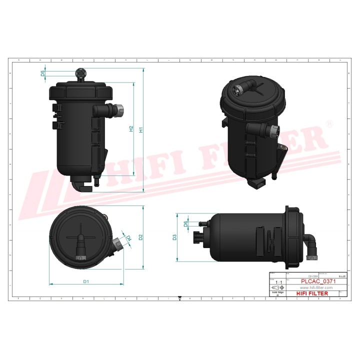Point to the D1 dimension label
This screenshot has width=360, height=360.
86,282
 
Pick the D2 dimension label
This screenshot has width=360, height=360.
141,236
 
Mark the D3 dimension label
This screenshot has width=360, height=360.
174,237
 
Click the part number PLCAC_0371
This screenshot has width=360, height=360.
318,281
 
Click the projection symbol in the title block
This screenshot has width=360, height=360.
276,289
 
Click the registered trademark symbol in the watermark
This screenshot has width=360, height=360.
328,123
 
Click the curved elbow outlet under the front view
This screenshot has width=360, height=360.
80,186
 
